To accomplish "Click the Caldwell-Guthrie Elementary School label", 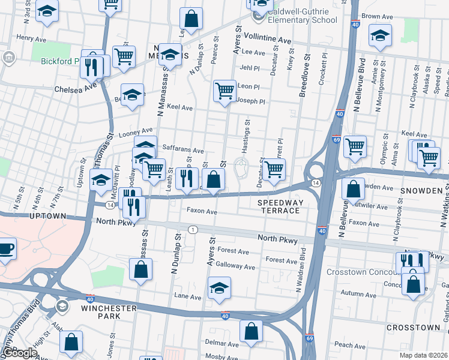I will pyautogui.click(x=294, y=16).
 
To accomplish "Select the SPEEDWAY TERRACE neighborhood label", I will pyautogui.click(x=279, y=207).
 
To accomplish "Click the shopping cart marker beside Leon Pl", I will pyautogui.click(x=224, y=91).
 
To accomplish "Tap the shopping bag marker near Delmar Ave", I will pyautogui.click(x=251, y=330).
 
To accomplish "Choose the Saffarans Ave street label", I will pyautogui.click(x=183, y=151).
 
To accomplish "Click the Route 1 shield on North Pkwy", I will pyautogui.click(x=193, y=230).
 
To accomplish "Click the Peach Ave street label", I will pyautogui.click(x=351, y=345).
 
